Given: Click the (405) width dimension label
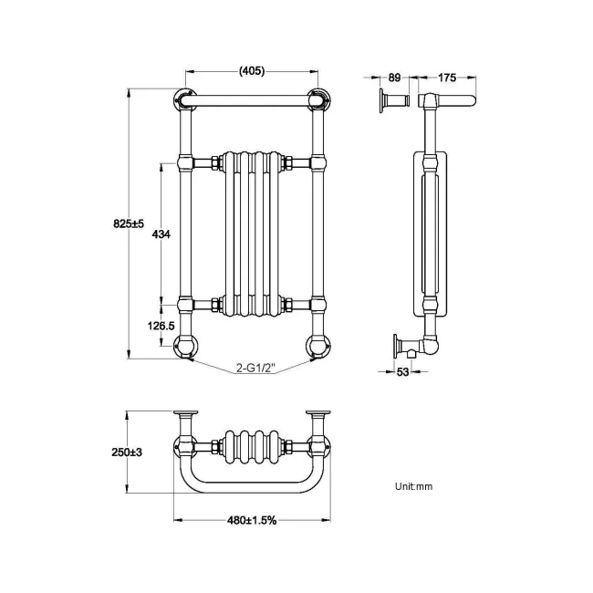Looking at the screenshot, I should (x=251, y=71).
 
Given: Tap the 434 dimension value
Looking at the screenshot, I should (x=161, y=234).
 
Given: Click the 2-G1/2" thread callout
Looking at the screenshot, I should (x=255, y=369).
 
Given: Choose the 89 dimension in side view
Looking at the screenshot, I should (x=394, y=78).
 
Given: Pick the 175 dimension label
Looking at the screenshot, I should (x=447, y=78).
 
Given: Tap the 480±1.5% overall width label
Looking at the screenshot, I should (x=252, y=520).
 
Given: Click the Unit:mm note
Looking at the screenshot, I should (x=413, y=486).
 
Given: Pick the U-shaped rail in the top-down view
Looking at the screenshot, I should (x=253, y=483).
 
